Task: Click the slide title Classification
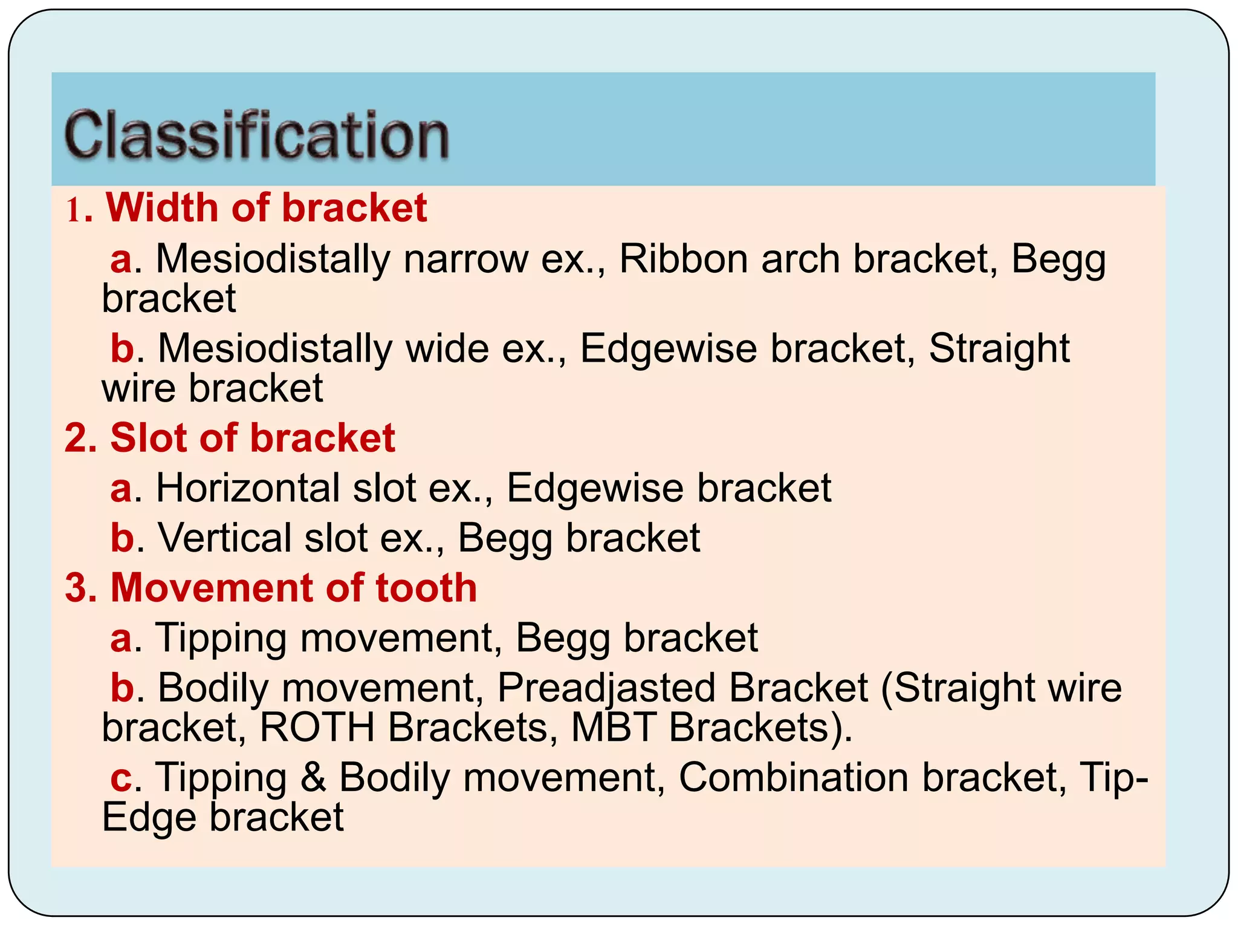coord(256,135)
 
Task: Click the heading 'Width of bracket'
coord(267,208)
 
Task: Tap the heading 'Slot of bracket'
coord(252,437)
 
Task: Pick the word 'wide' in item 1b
coord(447,349)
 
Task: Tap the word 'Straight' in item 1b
coord(999,349)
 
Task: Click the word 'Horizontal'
coord(248,487)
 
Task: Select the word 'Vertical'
coord(225,538)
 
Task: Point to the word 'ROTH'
coord(317,727)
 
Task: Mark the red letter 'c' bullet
coord(121,778)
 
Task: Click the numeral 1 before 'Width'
coord(73,211)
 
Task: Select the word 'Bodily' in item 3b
coord(213,688)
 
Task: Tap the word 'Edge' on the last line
coord(149,817)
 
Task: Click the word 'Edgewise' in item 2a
coord(595,487)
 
